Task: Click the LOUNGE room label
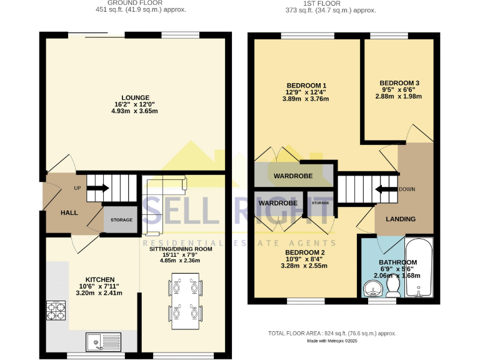[136, 97]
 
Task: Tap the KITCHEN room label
[99, 279]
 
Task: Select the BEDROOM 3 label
[399, 83]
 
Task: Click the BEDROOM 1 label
[306, 85]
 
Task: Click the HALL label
[69, 213]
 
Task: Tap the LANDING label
[400, 219]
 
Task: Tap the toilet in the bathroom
[394, 286]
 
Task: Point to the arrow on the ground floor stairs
[101, 187]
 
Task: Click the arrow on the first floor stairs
[381, 190]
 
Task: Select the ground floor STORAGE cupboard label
[121, 220]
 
